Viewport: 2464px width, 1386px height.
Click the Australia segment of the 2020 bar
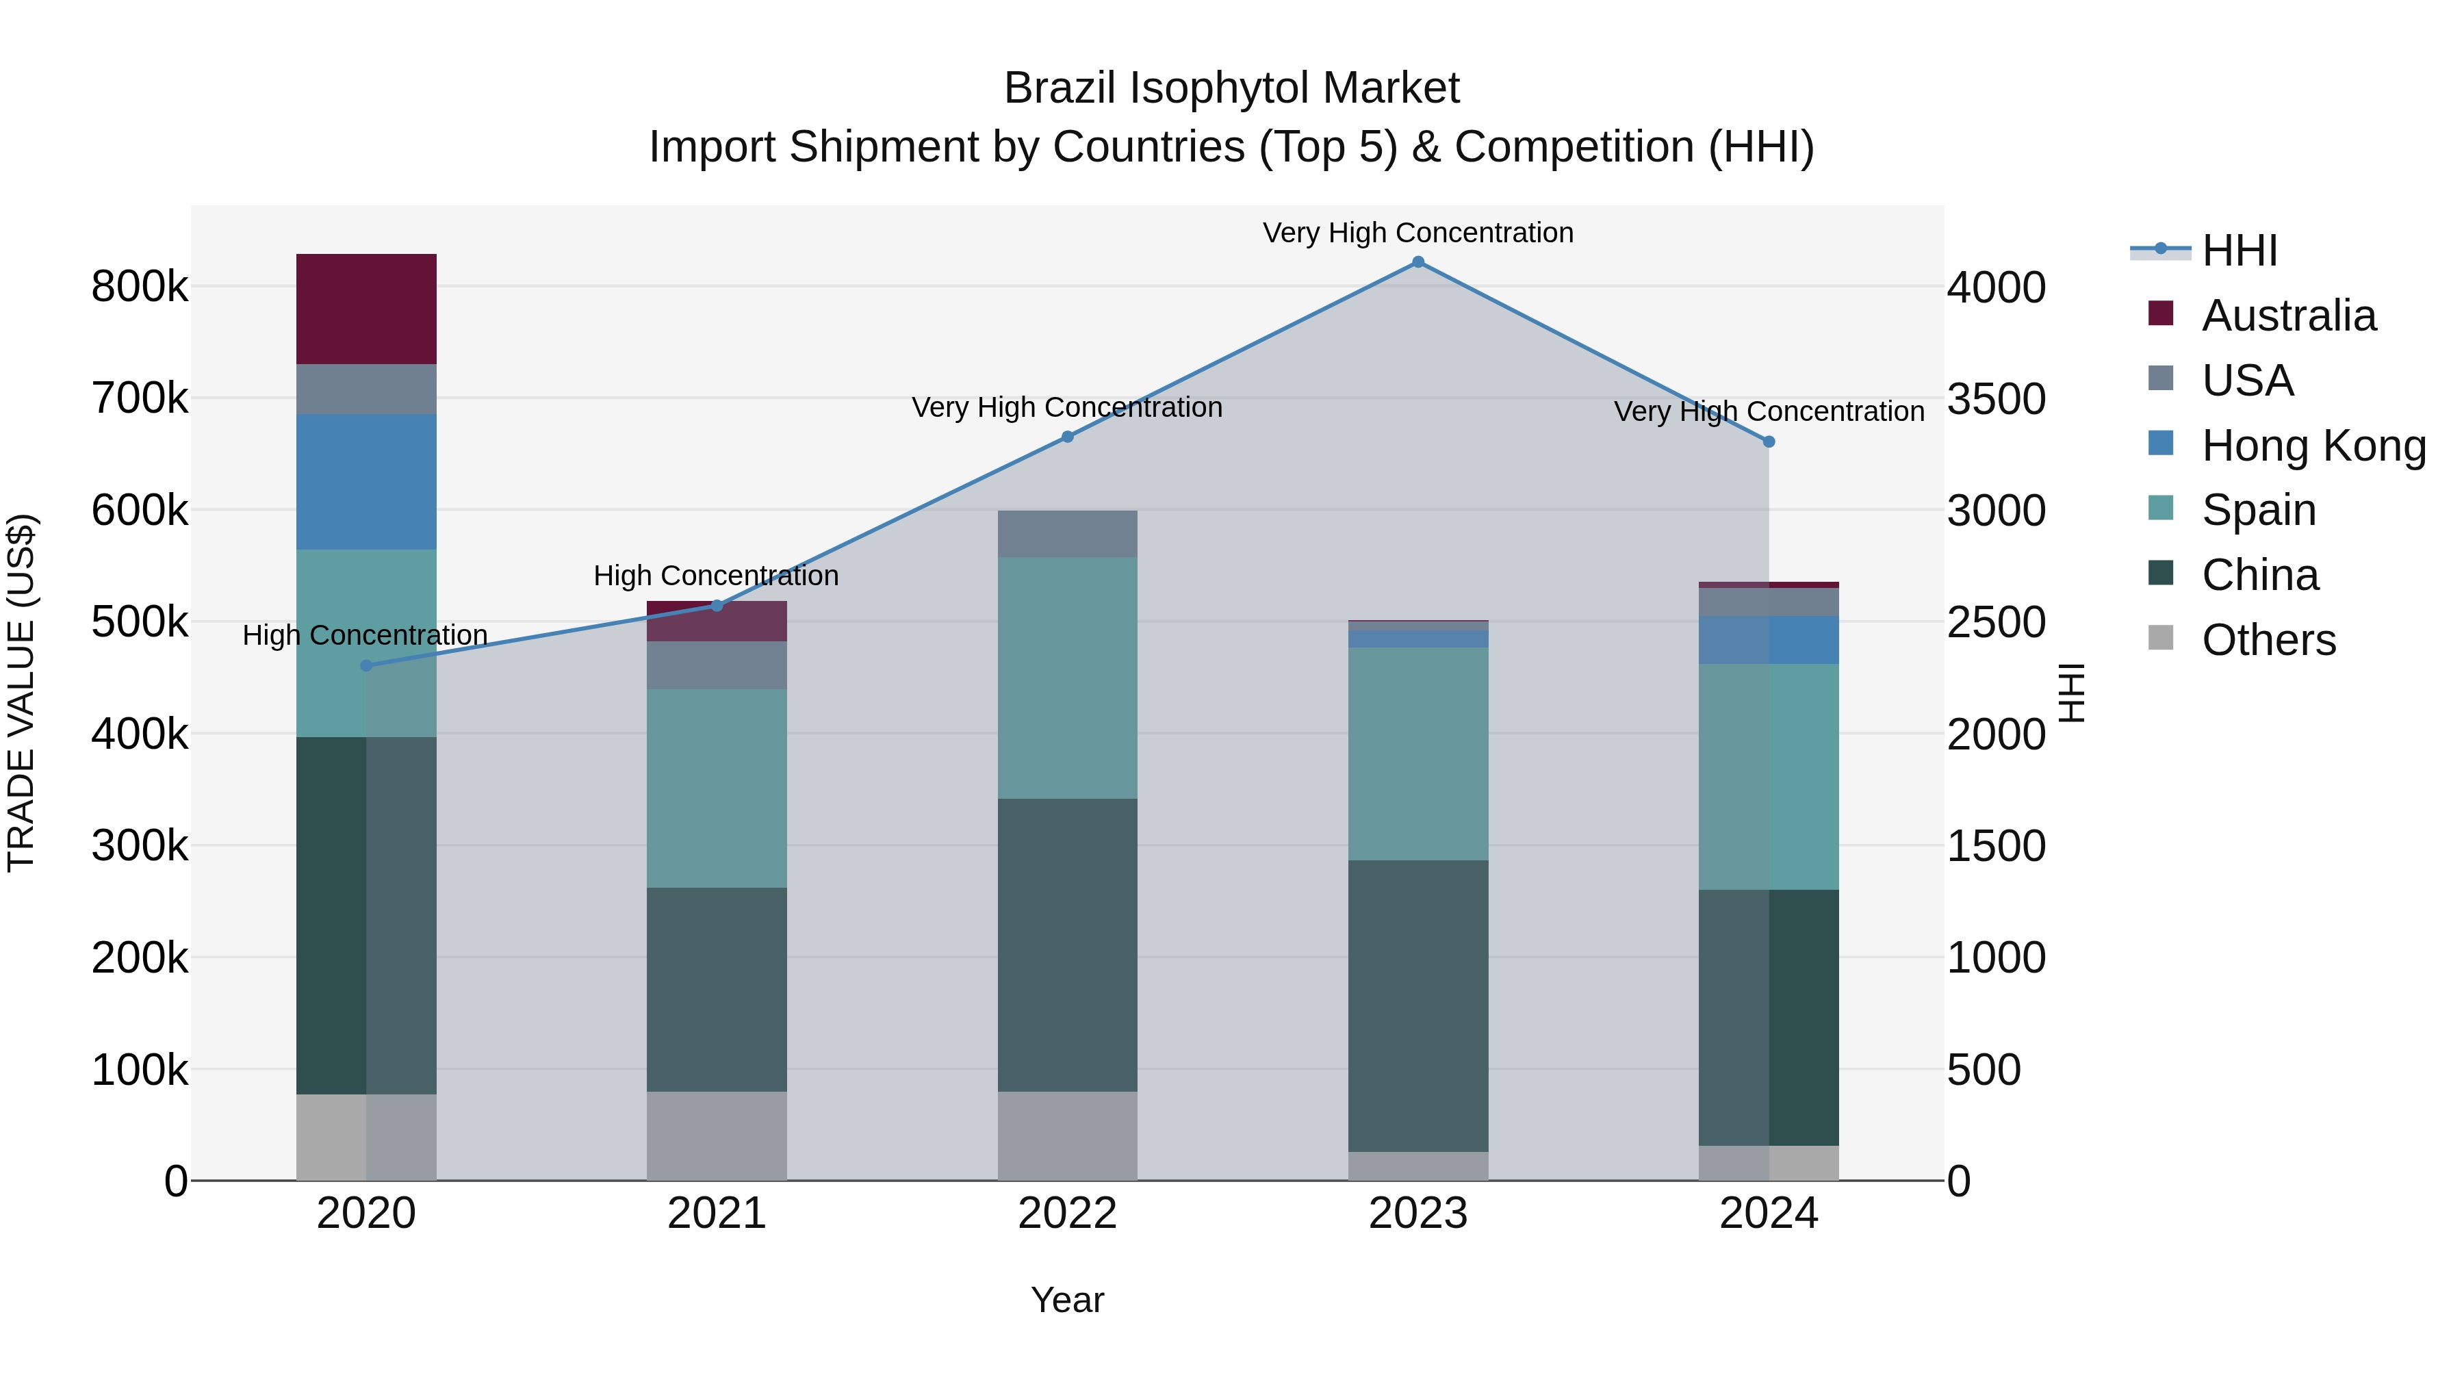point(366,309)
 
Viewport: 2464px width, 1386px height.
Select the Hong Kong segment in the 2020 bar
point(366,482)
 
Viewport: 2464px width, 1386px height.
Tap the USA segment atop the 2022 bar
point(1068,534)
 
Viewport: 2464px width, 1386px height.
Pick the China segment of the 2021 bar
point(717,989)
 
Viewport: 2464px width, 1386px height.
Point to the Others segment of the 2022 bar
point(1068,1135)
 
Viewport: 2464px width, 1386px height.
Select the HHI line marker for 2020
point(366,666)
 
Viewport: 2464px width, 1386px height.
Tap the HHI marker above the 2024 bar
point(1769,442)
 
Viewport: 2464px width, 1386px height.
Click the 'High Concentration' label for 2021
point(717,576)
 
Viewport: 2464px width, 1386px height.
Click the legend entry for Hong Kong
point(2312,446)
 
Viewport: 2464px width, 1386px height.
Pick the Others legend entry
point(2268,640)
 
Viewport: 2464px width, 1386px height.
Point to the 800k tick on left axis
point(140,286)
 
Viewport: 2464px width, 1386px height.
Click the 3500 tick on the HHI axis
point(1997,399)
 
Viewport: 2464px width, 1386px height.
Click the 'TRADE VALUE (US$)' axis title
point(21,693)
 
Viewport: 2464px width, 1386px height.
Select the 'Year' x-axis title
point(1068,1300)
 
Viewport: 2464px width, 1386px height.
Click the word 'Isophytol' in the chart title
point(1212,89)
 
